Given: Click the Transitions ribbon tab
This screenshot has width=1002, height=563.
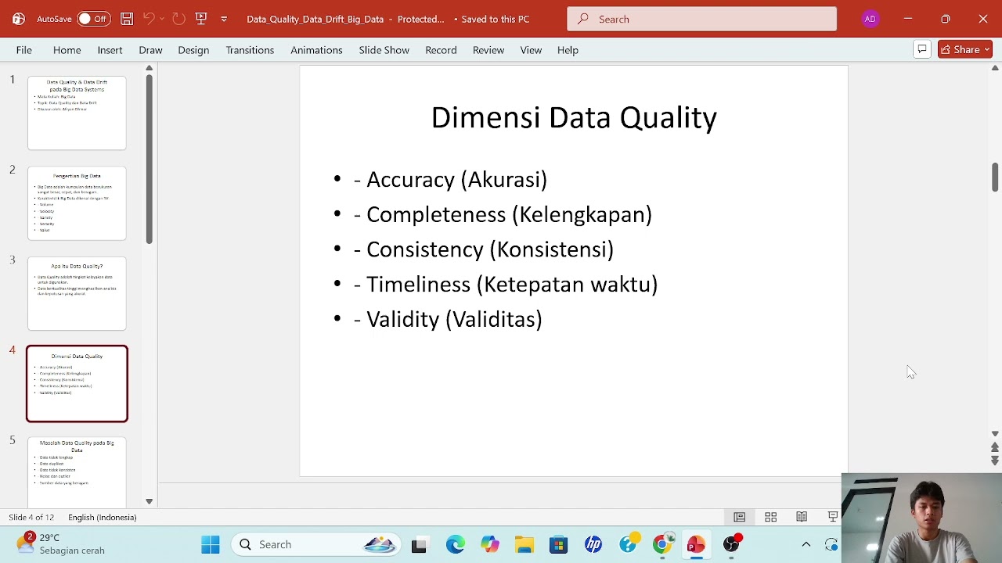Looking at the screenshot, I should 250,50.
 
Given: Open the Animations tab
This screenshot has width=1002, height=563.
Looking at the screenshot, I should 316,50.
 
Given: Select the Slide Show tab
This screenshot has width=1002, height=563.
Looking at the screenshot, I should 384,50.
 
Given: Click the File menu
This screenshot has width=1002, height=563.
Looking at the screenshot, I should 23,50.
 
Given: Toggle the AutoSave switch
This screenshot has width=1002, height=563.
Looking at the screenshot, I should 92,19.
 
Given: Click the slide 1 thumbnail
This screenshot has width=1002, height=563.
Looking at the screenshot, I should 77,113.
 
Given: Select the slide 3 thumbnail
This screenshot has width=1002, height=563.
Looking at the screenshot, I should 77,293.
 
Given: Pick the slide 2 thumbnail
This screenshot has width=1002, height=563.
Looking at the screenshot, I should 77,203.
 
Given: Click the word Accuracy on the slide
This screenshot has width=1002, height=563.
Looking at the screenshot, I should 410,180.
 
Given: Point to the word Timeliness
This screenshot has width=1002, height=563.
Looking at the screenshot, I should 418,285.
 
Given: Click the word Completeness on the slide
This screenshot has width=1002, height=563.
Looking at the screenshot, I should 436,215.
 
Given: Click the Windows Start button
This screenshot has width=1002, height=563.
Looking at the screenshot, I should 211,545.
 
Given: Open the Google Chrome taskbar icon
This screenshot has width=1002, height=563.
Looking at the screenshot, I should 662,545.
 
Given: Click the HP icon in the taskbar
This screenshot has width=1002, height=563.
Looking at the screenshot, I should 593,545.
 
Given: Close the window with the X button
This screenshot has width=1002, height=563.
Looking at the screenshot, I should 983,19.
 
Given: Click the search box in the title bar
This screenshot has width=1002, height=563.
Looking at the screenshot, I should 701,19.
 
